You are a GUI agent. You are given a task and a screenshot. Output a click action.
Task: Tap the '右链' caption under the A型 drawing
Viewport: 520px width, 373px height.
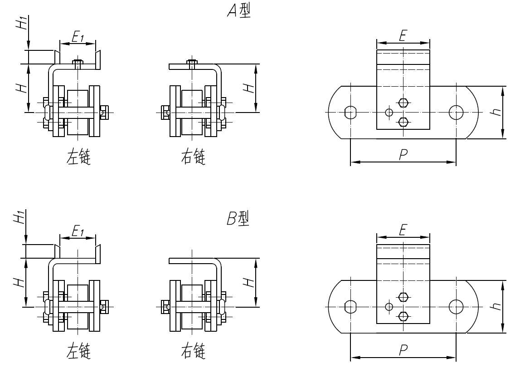coord(193,158)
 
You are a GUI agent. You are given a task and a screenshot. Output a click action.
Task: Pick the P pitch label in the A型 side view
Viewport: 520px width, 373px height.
coord(402,155)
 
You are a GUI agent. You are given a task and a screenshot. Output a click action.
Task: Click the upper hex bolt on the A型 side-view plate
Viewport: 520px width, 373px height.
coord(403,103)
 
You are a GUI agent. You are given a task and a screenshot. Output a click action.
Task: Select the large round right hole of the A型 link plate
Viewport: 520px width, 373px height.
coord(455,112)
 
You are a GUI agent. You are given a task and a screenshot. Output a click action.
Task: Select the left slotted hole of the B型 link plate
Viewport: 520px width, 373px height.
coord(350,307)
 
